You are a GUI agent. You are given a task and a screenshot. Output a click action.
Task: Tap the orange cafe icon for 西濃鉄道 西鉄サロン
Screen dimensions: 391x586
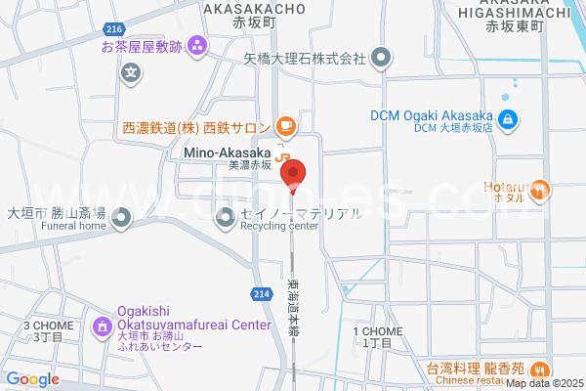click(x=285, y=125)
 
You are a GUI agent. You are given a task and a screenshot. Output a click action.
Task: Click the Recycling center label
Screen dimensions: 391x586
click(x=279, y=227)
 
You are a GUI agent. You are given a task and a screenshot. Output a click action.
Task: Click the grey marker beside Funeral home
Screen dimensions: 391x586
click(x=121, y=219)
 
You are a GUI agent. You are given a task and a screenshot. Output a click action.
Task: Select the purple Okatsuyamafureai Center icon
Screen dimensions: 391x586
click(x=102, y=325)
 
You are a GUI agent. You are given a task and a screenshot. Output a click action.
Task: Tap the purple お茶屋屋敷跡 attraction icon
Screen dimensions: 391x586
click(x=197, y=45)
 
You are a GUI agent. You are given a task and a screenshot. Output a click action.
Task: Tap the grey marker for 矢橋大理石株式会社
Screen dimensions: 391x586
click(x=382, y=58)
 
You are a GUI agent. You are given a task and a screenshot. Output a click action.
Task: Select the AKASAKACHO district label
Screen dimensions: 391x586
click(x=254, y=8)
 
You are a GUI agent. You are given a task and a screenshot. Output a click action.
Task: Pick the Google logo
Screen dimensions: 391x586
click(x=32, y=379)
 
